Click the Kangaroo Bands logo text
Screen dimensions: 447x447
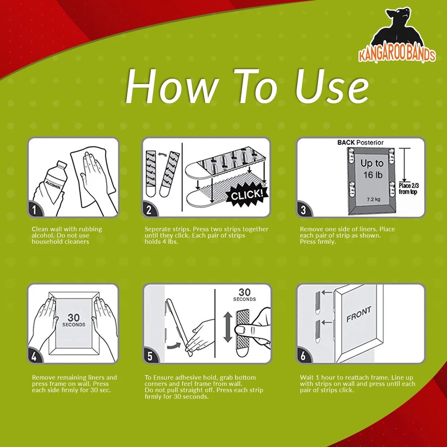coord(397,55)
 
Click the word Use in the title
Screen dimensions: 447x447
coord(332,86)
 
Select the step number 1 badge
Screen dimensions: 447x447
coord(34,210)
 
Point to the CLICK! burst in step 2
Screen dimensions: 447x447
coord(247,195)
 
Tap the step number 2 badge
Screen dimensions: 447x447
coord(149,210)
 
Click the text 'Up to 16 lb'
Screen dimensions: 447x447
coord(372,169)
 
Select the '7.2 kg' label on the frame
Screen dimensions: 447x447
coord(373,199)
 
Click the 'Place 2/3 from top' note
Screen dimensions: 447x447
coord(409,189)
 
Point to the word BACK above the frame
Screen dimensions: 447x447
coord(346,142)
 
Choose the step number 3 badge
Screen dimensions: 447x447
coord(304,210)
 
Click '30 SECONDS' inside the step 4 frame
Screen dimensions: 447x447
coord(74,320)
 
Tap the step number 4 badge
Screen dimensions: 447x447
coord(34,356)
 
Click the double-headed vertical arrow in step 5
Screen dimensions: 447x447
coord(228,327)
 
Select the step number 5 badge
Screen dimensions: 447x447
coord(150,356)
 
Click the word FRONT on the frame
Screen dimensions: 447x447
coord(359,314)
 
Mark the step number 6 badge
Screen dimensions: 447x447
coord(304,356)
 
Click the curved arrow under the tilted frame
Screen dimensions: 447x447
coord(174,346)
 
